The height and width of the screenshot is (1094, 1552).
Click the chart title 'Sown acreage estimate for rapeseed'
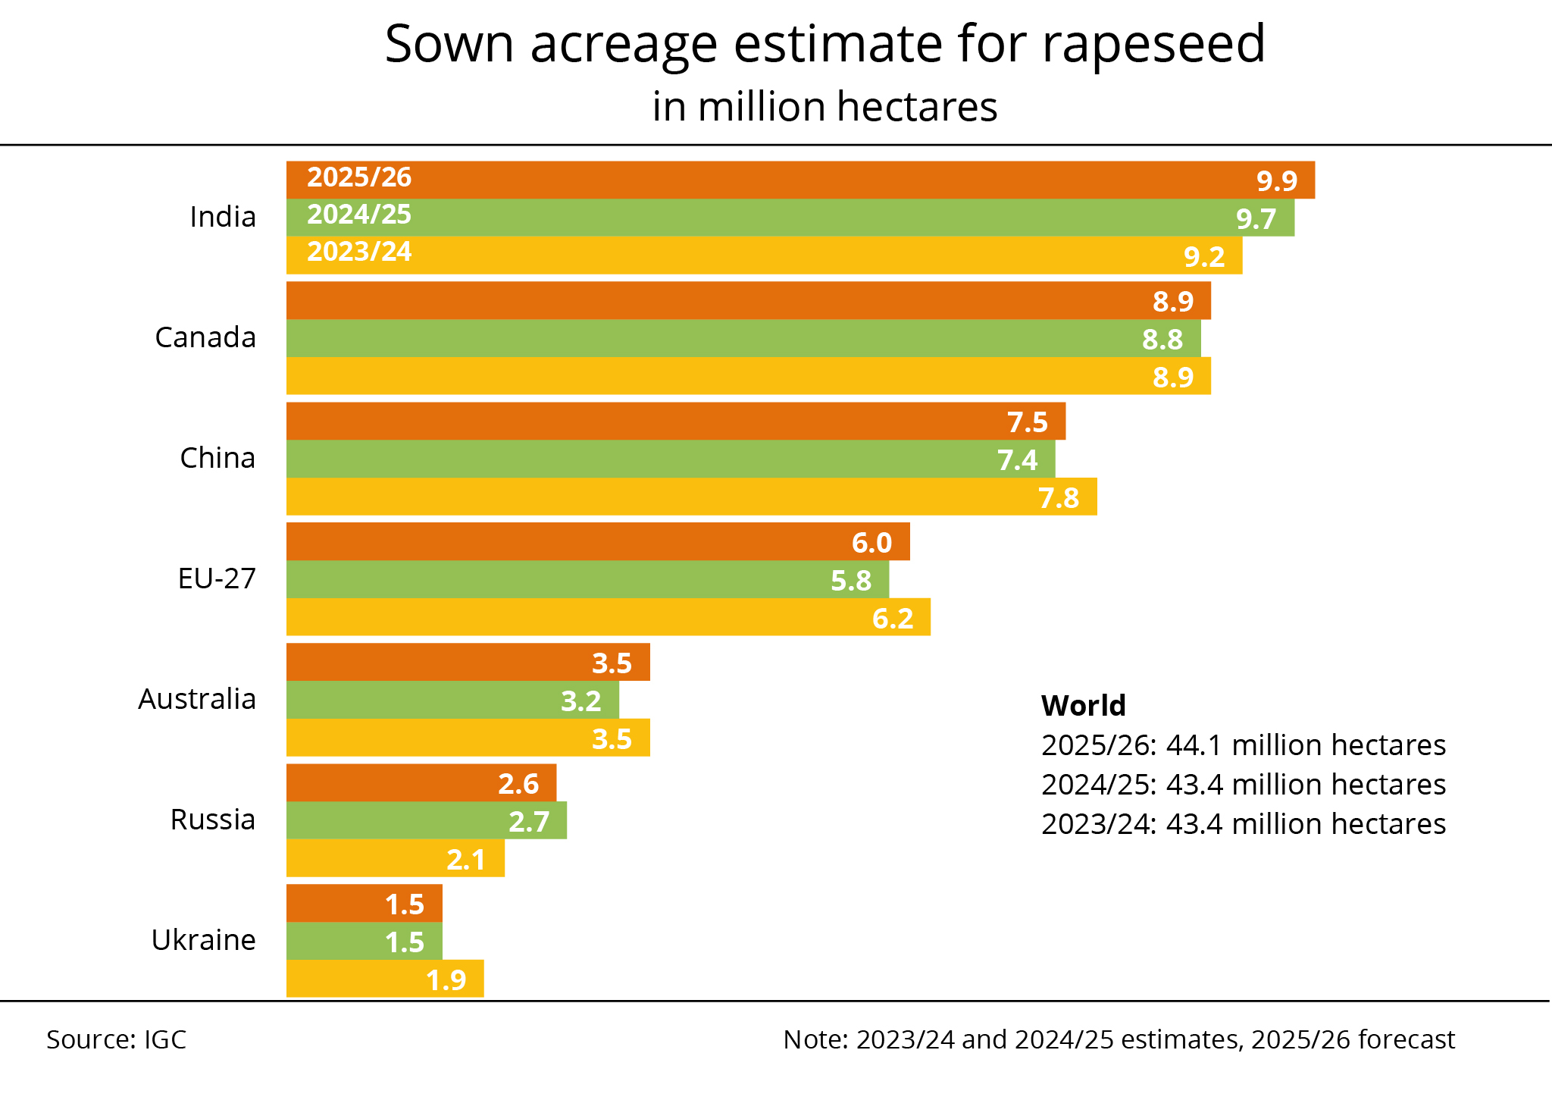[x=824, y=44]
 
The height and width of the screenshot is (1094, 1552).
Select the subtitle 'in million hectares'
[x=824, y=107]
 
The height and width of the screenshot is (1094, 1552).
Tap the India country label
[x=222, y=218]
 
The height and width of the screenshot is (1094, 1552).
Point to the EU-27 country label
[x=217, y=579]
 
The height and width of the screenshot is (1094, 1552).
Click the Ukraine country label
[x=203, y=941]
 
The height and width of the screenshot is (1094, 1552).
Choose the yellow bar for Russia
[x=364, y=858]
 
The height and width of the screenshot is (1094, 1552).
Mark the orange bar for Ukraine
[x=333, y=904]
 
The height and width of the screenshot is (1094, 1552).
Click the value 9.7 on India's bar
[x=1256, y=219]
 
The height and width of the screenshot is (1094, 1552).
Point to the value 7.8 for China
[x=1058, y=498]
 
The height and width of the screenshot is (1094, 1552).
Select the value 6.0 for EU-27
[x=871, y=543]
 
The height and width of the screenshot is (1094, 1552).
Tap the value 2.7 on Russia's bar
[x=528, y=822]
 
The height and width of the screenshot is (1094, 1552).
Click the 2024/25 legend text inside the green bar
[x=358, y=215]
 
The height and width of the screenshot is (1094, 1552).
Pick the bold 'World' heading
[x=1083, y=706]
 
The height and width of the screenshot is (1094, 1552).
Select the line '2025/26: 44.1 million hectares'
[x=1243, y=745]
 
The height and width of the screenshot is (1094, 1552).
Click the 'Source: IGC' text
[x=116, y=1039]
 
